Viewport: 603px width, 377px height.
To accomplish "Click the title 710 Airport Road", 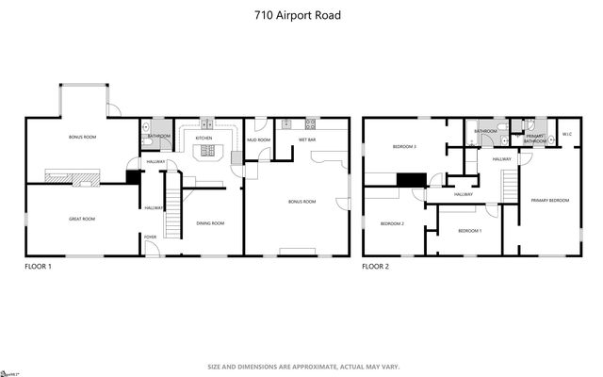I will [302, 16].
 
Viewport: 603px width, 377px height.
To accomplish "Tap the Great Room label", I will [82, 219].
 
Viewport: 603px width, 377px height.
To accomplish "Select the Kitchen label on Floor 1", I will [204, 139].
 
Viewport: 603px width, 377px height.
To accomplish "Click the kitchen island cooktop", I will [204, 154].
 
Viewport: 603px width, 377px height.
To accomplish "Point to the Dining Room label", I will [209, 223].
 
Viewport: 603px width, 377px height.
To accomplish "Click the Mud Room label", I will [258, 139].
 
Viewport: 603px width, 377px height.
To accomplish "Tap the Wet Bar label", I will [306, 139].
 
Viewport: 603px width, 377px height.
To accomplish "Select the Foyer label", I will [150, 250].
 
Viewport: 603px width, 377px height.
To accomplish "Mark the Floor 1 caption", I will [38, 267].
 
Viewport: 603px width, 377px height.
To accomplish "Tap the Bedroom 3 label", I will [404, 147].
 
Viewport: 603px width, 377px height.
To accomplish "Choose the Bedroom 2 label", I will [392, 223].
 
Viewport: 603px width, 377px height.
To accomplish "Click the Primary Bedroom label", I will [548, 200].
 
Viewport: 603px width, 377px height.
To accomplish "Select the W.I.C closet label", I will [567, 134].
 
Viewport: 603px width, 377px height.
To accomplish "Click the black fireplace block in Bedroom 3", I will [411, 180].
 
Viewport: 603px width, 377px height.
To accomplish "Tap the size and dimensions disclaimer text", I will [301, 366].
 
